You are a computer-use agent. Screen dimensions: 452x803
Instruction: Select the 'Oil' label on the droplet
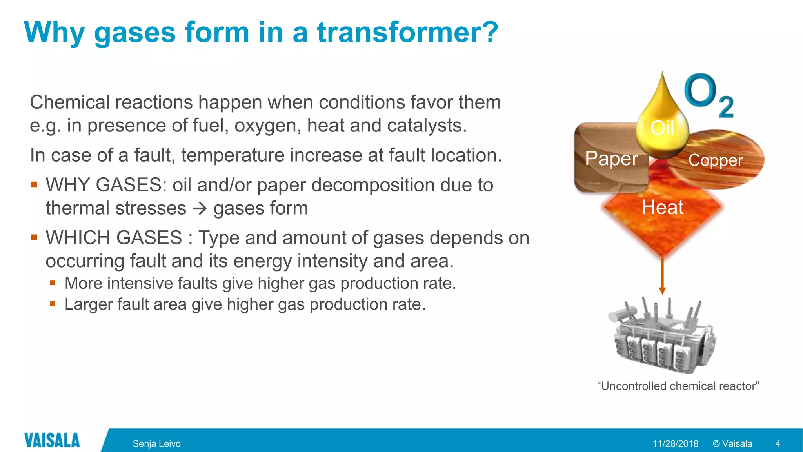tap(662, 128)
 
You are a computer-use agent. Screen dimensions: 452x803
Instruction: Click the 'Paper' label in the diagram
tap(611, 159)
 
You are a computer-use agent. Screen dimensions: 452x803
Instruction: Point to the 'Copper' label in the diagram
tap(716, 160)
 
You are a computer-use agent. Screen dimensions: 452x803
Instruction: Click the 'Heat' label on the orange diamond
tap(662, 207)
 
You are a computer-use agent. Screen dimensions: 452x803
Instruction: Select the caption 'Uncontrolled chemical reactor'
tap(678, 386)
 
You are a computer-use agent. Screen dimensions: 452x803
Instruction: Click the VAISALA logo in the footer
tap(52, 440)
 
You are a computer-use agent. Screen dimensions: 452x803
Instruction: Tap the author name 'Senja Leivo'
tap(156, 443)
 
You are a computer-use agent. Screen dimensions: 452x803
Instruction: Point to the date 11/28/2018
tap(675, 443)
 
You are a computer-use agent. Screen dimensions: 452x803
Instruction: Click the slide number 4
tap(778, 443)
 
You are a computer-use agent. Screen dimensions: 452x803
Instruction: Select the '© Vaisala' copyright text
tap(732, 443)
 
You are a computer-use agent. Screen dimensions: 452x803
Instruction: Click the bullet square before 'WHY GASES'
tap(34, 184)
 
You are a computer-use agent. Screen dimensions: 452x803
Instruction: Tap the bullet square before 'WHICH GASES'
tap(34, 237)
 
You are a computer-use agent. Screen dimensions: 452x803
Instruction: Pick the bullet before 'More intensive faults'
tap(53, 282)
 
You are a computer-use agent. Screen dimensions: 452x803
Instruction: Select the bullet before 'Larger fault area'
tap(53, 304)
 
